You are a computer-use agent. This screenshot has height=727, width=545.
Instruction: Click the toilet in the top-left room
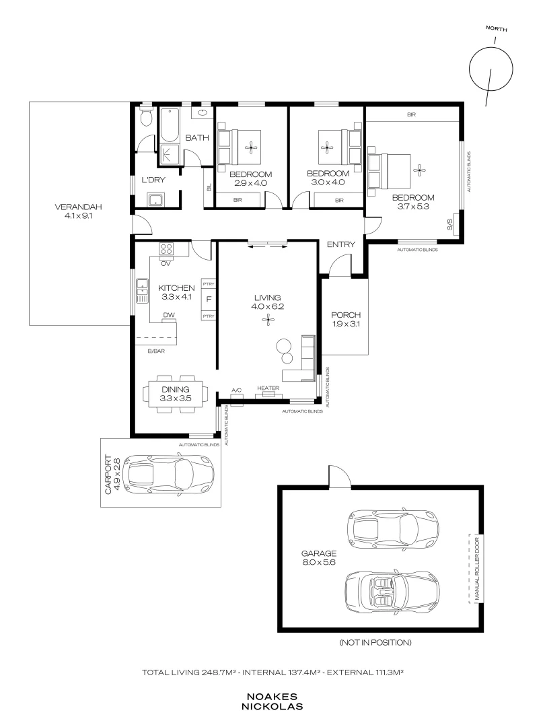pos(146,117)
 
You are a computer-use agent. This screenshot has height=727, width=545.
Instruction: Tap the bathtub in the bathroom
pos(169,125)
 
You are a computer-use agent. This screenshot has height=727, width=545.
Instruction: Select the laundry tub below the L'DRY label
pos(155,200)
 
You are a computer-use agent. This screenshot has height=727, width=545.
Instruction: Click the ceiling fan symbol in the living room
pos(267,319)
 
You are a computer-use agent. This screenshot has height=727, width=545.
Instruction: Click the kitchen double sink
pos(142,291)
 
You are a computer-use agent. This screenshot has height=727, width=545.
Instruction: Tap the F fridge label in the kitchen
pos(209,300)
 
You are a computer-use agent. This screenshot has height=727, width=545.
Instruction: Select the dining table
pos(176,394)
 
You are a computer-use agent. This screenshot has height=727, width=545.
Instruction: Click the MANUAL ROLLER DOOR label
pos(477,569)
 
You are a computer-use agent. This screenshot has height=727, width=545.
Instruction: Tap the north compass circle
pos(490,69)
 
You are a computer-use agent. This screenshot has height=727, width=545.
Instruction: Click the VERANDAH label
pos(78,207)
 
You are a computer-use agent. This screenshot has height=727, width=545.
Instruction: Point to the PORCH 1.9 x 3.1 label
pos(346,319)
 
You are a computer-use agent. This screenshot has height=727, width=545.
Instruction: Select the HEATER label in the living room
pos(268,388)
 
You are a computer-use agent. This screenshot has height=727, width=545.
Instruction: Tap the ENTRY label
pos(341,244)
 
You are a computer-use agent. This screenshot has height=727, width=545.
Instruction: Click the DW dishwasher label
pos(169,315)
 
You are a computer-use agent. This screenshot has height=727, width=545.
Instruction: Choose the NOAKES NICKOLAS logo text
pos(272,702)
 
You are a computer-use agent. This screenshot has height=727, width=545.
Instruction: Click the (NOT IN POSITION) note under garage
pos(375,643)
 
